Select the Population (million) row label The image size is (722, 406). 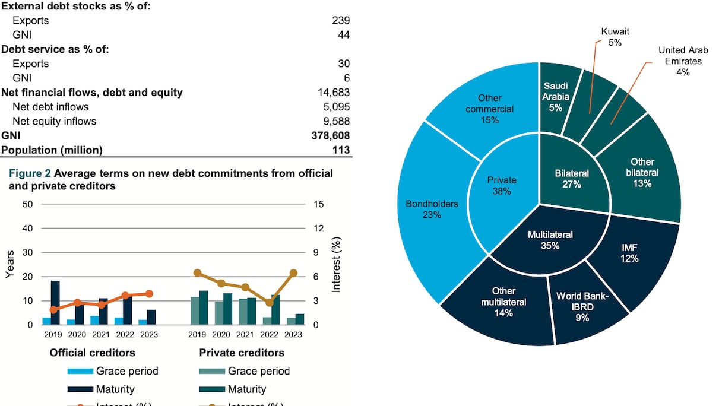(x=52, y=150)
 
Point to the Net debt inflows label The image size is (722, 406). (x=50, y=107)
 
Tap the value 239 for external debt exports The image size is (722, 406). (x=341, y=21)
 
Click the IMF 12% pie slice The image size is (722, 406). (x=629, y=252)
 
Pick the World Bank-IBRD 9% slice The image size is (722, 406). (x=582, y=306)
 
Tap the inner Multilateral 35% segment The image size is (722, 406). (x=551, y=240)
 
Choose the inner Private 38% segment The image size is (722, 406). (x=502, y=185)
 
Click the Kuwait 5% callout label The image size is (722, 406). (x=615, y=36)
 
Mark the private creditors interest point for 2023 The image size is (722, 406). (x=293, y=273)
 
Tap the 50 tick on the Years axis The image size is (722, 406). (x=28, y=204)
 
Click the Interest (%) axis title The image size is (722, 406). (x=337, y=265)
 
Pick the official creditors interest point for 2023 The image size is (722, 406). (x=149, y=294)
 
